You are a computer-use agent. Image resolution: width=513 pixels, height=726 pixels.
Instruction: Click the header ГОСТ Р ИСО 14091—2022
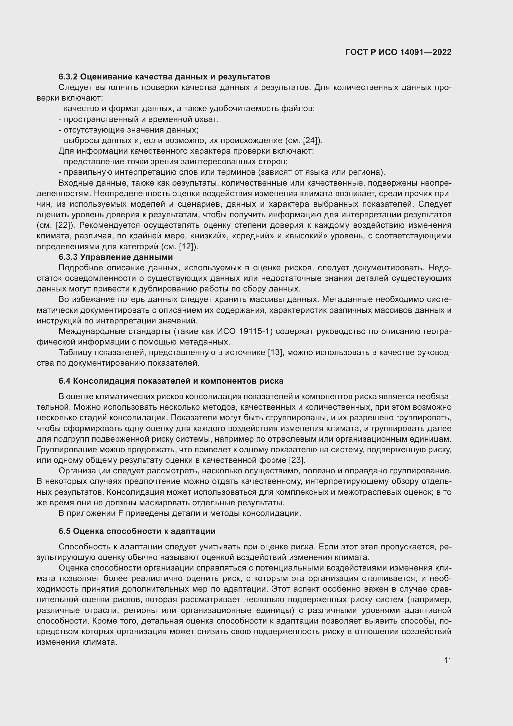click(x=398, y=52)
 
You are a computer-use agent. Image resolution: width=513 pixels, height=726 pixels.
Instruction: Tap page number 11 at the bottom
click(x=447, y=660)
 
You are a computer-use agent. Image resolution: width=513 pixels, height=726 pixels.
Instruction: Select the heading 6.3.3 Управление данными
click(x=116, y=257)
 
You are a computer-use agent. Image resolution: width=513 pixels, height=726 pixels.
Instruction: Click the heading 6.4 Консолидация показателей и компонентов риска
click(x=171, y=381)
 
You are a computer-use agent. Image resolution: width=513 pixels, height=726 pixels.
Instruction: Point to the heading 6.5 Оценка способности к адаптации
click(x=137, y=531)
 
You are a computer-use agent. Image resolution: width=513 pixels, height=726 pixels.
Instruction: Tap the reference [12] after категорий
click(x=187, y=246)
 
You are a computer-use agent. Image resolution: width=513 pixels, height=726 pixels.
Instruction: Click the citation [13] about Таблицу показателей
click(x=275, y=352)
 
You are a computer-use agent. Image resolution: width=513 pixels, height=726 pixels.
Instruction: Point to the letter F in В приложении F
click(x=120, y=513)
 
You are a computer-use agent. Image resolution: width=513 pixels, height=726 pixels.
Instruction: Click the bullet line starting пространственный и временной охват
click(x=139, y=119)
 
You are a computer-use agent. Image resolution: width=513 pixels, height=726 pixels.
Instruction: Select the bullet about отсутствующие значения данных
click(x=129, y=130)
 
